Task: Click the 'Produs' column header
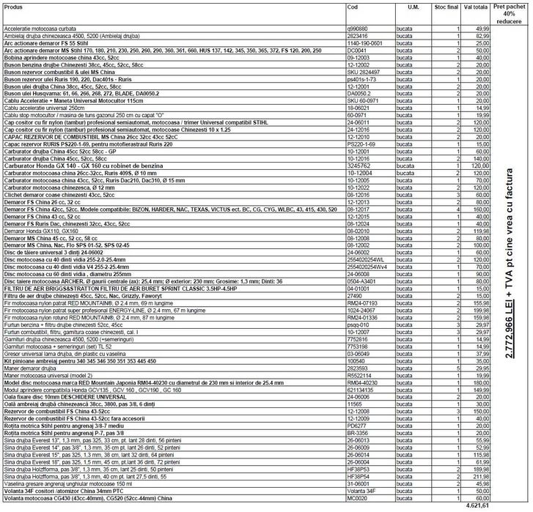14,7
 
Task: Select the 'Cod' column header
352,7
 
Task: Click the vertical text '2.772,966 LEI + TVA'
510,264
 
